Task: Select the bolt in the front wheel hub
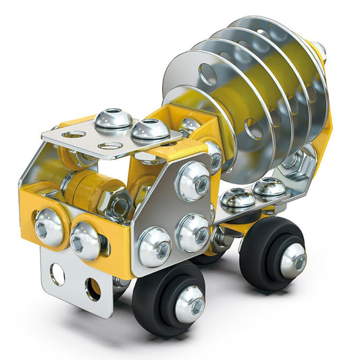tap(190, 303)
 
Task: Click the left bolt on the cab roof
tap(113, 120)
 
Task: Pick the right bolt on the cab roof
tap(149, 129)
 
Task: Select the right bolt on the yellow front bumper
tap(86, 239)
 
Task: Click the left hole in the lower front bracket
tap(58, 274)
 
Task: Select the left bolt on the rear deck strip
tap(238, 197)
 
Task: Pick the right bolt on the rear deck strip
tap(269, 188)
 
